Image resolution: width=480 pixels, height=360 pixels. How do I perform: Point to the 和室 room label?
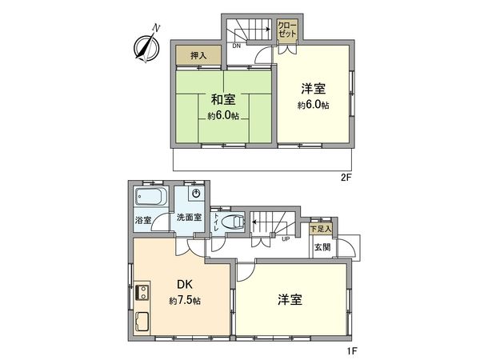coord(223,99)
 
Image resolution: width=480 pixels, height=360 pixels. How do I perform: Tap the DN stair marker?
coord(237,46)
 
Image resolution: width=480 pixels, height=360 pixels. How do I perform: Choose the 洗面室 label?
coord(188,218)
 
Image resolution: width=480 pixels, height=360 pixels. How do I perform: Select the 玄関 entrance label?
coord(322,248)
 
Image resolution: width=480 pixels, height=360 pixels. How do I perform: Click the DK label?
coord(185,285)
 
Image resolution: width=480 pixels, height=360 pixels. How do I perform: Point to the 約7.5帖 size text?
coord(185,301)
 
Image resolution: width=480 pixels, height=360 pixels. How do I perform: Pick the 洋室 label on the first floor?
coord(289,299)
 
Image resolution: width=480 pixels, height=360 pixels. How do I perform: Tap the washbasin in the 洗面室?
coord(195,194)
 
